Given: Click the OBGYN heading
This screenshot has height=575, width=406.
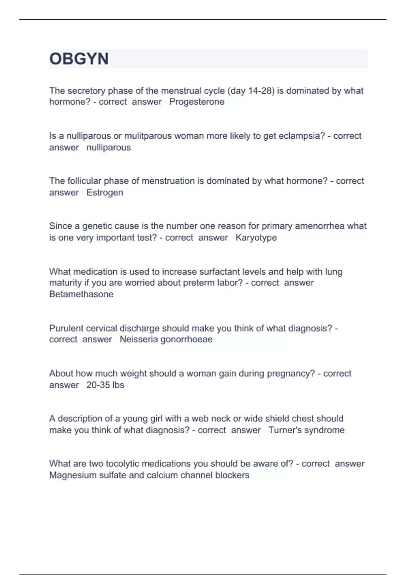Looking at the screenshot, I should coord(79,59).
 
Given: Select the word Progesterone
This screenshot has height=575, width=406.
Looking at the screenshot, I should coord(197,102).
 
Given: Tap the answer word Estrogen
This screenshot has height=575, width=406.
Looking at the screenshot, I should coord(105,192).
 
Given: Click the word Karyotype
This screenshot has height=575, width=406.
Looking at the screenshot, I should coord(256,237).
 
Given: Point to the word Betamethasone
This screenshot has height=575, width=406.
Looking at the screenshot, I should coord(81,294).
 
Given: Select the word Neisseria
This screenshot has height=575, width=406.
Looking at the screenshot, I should coord(138,339).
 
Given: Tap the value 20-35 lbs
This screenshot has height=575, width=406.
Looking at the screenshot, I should coord(105,385).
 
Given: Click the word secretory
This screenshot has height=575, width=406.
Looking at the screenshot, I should coord(89,91).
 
